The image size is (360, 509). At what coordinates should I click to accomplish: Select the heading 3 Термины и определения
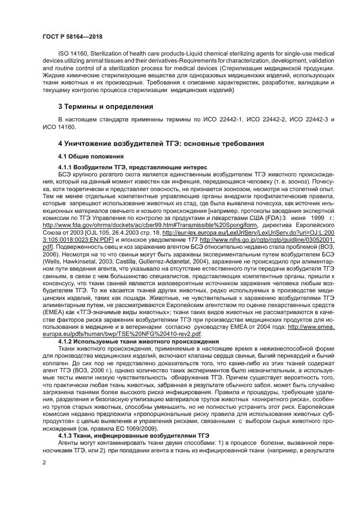pyautogui.click(x=106, y=106)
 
